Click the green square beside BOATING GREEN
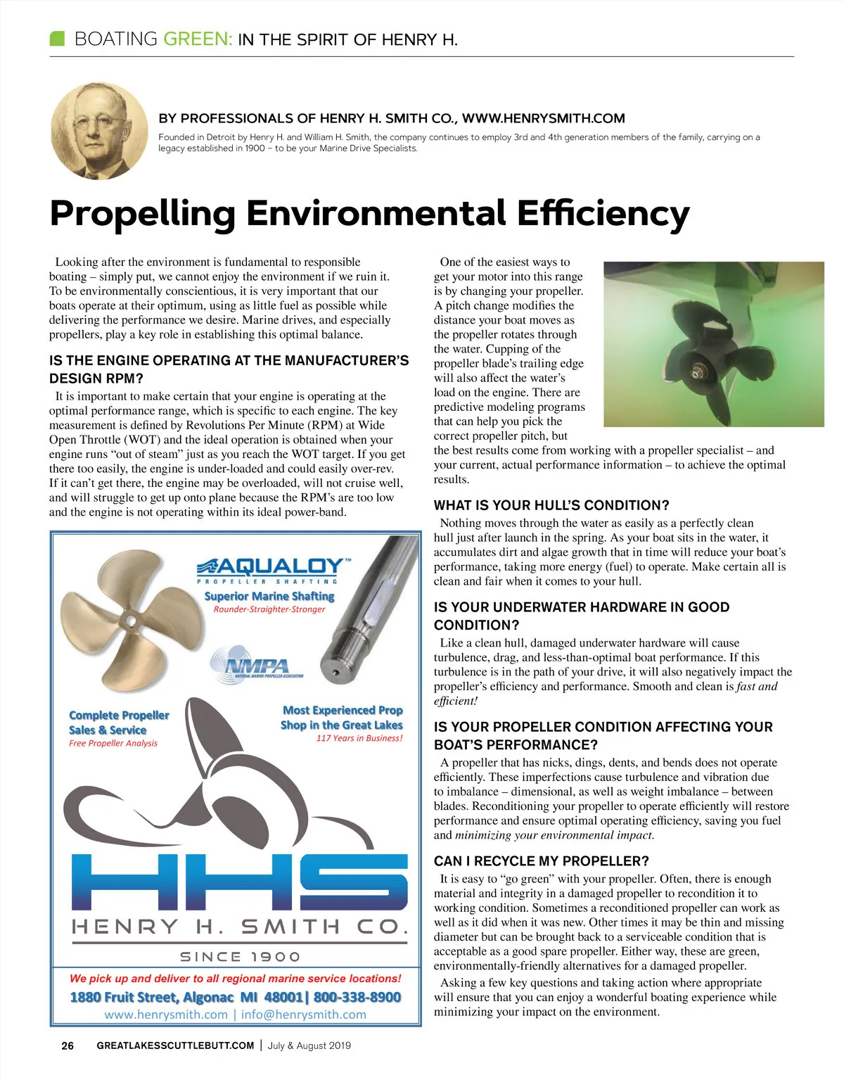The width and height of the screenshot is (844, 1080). point(57,38)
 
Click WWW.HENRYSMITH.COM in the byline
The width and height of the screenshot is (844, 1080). point(543,118)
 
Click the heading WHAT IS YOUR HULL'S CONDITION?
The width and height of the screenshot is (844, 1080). point(551,505)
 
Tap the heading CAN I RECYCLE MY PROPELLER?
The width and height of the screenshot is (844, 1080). point(541,861)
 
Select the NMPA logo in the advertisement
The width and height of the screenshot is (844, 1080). point(257,666)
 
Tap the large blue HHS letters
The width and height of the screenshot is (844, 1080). point(239,881)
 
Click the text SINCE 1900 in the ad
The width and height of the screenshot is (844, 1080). point(240,957)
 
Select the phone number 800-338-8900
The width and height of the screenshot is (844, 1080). point(357,997)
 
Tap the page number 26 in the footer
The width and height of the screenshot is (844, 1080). point(68,1046)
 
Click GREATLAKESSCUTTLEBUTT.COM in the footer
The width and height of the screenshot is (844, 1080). point(175,1046)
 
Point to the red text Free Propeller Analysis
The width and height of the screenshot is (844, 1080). point(113,743)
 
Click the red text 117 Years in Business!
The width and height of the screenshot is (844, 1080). point(359,738)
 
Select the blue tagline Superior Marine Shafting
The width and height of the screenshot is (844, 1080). point(269,596)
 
